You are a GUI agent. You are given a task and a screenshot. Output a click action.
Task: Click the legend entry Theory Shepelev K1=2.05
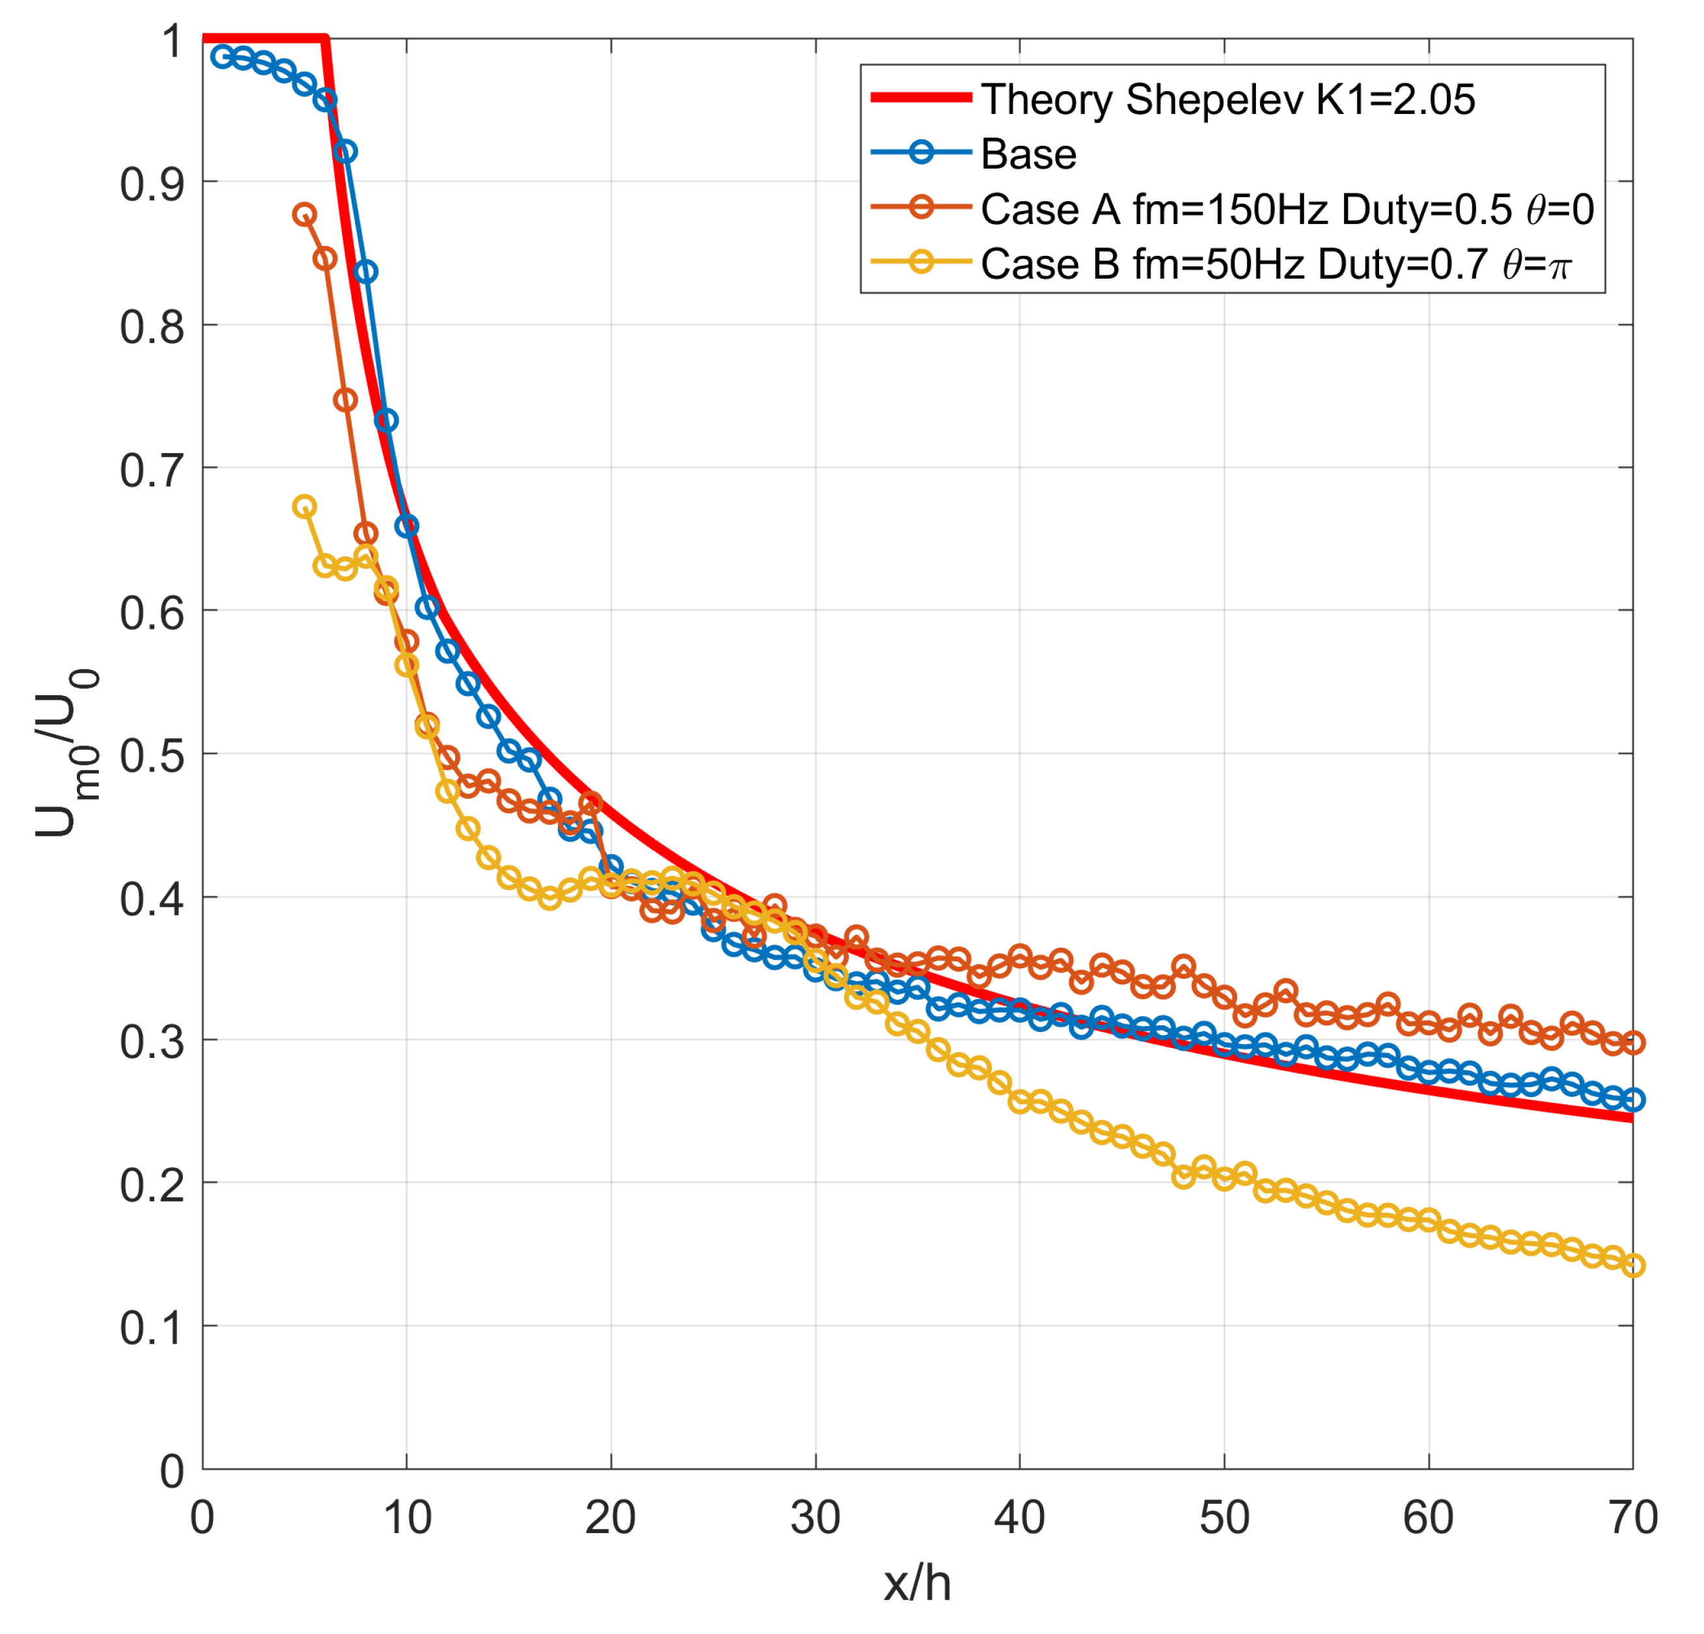1227,100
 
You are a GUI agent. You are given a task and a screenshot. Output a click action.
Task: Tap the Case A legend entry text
1287,210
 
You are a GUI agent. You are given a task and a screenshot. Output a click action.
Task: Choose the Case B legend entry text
1276,264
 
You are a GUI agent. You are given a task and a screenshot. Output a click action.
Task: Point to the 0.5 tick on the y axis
152,755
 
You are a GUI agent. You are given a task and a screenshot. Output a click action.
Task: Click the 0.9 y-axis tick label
152,184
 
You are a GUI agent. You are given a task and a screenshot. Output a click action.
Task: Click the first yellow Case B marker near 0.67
304,506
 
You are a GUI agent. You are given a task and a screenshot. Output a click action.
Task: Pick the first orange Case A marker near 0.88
304,215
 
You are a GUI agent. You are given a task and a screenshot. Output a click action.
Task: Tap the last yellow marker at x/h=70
1633,1266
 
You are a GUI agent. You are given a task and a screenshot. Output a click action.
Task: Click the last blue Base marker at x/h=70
1633,1100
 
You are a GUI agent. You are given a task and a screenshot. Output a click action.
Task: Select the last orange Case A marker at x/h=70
1633,1042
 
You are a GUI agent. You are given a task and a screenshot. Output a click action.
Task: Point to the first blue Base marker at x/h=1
223,57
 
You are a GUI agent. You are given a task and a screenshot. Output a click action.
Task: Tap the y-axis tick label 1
172,41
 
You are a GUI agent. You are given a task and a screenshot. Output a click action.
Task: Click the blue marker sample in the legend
921,153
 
